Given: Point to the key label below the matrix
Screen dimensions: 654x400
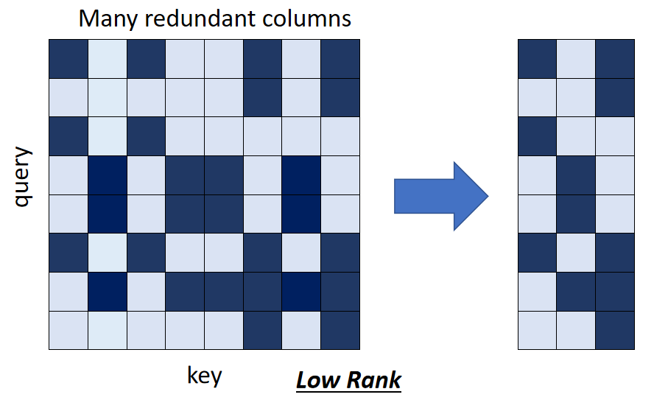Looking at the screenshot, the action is tap(204, 375).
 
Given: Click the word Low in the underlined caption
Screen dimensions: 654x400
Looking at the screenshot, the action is tap(317, 380).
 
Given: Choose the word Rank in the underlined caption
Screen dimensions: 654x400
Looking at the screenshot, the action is tap(373, 380).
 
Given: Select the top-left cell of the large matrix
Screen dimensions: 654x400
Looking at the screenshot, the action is tap(68, 58).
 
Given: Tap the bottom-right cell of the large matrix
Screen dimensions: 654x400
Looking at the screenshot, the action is tap(340, 330).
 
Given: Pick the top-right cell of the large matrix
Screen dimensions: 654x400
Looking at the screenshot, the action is tap(340, 58).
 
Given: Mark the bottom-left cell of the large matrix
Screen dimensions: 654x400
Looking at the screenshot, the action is tap(68, 330).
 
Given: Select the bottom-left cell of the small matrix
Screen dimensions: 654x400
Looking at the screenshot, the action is tap(537, 330).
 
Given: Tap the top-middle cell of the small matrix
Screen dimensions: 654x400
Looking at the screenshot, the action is tap(576, 58).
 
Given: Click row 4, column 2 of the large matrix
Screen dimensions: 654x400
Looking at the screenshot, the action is tap(108, 175).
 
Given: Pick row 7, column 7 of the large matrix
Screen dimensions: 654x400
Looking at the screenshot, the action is tap(301, 292).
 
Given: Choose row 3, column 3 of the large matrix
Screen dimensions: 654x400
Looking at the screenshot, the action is tap(146, 136).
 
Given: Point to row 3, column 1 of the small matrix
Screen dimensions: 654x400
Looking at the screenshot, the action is tap(537, 136).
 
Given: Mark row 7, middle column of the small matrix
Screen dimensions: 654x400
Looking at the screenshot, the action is tap(576, 292).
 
